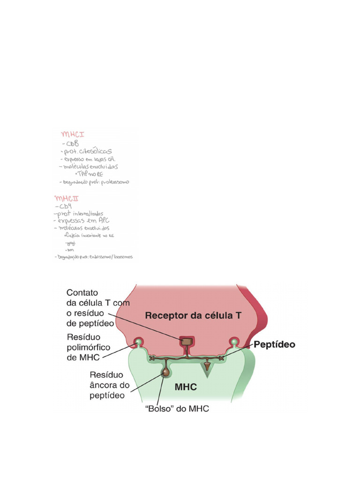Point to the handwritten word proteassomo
click(114, 182)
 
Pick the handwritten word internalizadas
click(87, 214)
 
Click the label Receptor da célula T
click(193, 315)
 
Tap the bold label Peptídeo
click(274, 345)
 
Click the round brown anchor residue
click(165, 373)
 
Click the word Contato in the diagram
click(82, 292)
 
